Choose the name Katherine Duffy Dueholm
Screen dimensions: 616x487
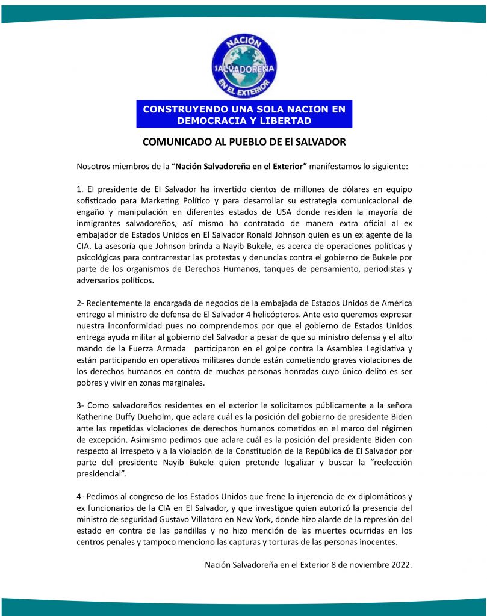(x=130, y=417)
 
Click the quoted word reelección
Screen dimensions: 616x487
(x=391, y=463)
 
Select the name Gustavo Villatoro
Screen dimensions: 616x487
(x=215, y=520)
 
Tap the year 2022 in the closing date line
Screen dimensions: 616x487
(x=400, y=565)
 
